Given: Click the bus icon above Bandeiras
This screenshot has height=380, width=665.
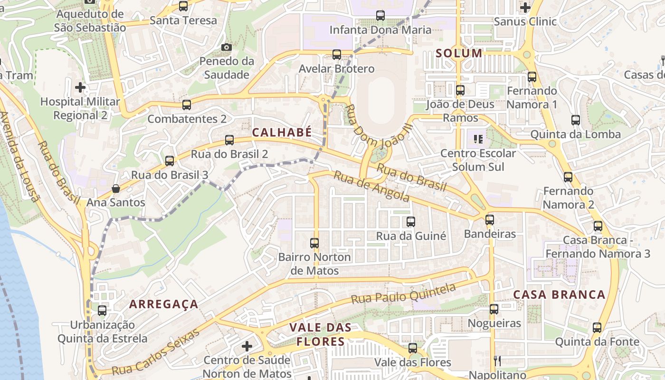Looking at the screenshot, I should point(490,220).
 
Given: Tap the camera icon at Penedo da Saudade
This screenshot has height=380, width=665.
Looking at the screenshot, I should point(227,47).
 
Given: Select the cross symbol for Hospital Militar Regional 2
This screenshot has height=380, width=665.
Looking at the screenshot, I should point(80,87).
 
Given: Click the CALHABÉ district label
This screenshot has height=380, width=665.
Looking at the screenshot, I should point(282,133).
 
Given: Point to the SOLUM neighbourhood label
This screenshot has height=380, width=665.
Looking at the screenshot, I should point(459,53).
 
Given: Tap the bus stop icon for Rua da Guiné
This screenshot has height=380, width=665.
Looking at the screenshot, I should point(411,221).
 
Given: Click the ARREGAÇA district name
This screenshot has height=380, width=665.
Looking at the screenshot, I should point(164,304).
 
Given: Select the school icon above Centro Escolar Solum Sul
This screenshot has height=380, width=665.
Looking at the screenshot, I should point(478,139).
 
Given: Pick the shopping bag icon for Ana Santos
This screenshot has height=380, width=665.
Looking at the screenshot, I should point(115,189).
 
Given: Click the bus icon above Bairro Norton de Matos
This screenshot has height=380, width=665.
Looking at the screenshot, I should point(314,243).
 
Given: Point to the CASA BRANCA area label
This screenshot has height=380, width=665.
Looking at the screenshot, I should point(560,294).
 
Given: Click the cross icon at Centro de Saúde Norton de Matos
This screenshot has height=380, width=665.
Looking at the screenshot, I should point(247,346).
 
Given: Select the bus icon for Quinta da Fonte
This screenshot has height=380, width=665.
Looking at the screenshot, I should point(597,328).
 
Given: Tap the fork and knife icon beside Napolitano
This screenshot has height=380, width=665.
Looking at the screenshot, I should point(497,361).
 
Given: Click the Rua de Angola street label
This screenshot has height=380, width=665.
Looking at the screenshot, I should point(371,186).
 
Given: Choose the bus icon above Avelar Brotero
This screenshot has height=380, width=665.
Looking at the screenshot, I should point(336,55).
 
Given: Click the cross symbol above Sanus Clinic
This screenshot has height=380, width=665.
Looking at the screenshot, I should point(525,7).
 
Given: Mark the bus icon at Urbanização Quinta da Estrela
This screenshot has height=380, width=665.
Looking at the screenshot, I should point(102,311).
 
